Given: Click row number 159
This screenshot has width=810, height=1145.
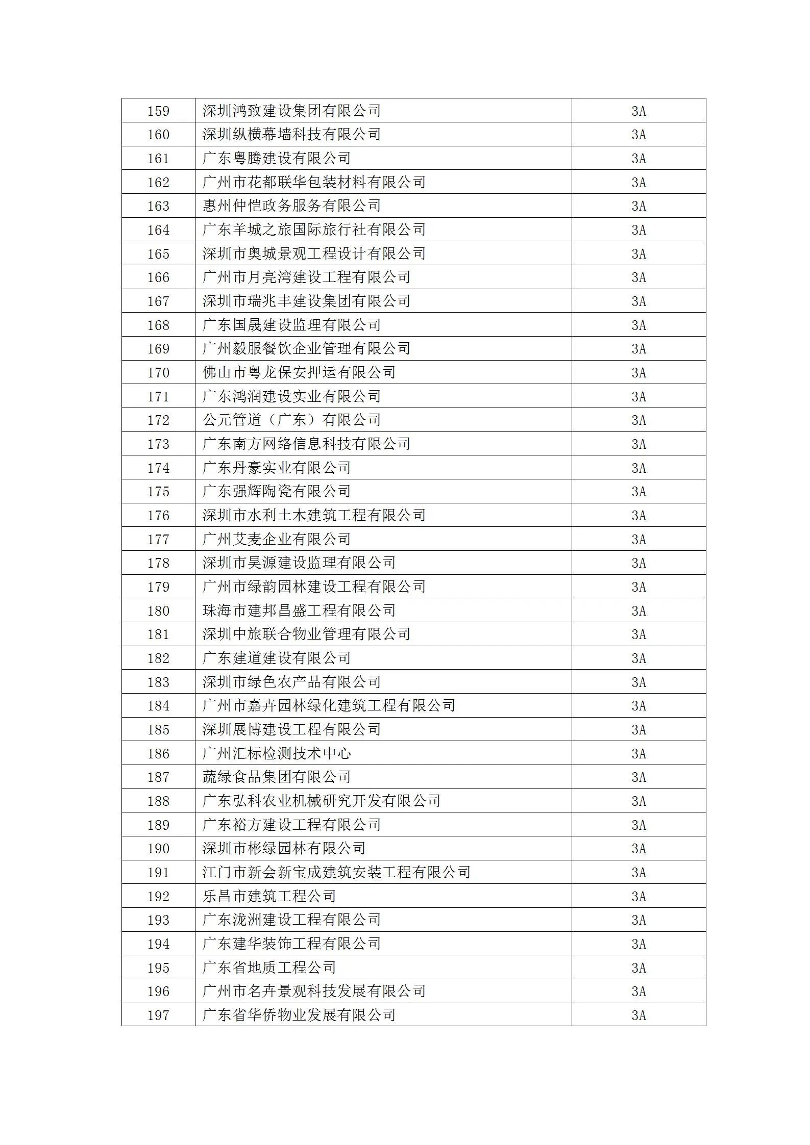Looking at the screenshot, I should click(158, 111).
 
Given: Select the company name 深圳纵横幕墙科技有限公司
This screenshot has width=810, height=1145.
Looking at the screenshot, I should click(291, 135).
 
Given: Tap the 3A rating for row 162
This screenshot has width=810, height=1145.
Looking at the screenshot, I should click(639, 182).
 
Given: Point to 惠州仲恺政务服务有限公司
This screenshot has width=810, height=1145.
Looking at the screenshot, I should click(291, 206).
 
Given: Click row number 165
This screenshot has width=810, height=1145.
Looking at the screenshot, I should click(158, 253).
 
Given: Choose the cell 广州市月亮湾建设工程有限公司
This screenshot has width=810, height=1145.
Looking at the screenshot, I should click(306, 277).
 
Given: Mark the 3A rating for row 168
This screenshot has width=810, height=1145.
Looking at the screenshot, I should click(639, 325).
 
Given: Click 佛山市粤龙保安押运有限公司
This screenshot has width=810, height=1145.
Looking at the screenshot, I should click(299, 372).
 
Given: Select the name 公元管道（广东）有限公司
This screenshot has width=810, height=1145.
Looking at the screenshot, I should click(291, 420).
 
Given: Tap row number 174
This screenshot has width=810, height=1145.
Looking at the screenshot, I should click(158, 468).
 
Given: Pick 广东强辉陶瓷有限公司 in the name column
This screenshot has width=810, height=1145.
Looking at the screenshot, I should click(277, 492).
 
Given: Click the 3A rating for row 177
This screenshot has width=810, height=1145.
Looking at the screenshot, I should click(639, 539).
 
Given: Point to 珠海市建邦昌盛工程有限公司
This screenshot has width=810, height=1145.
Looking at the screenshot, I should click(299, 610).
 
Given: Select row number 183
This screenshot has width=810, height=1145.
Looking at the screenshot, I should click(158, 682).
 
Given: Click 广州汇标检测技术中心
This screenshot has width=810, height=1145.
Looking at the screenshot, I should click(277, 753).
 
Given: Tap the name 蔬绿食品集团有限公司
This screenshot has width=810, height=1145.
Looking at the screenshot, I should click(277, 777).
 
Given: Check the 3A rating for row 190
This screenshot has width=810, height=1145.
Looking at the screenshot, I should click(639, 849).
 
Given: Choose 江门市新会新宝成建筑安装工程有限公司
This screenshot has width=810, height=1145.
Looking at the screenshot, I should click(336, 873).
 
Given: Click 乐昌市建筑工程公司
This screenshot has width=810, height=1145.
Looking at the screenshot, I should click(269, 896).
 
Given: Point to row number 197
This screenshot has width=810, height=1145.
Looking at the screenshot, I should click(158, 1015).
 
